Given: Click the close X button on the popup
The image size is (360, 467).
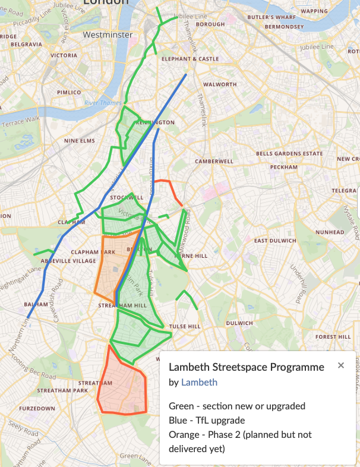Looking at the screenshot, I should [341, 365].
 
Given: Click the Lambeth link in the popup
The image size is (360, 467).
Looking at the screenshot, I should [199, 383].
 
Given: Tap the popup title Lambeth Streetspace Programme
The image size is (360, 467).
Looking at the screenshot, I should [247, 367].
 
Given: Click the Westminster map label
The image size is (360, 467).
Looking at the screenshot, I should [108, 35].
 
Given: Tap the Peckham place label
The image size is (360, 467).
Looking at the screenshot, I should [283, 167].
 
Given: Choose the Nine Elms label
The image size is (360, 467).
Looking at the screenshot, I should [80, 141].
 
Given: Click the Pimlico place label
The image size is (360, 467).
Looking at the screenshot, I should [69, 93].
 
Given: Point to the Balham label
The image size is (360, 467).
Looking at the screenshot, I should [36, 304].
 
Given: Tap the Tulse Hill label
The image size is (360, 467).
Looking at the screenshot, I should [185, 326].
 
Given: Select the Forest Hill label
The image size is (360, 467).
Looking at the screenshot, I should [333, 336].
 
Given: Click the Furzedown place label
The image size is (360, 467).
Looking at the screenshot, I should [37, 409].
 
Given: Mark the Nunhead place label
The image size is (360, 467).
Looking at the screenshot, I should [330, 232].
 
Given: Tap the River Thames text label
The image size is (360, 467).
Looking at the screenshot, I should [103, 103].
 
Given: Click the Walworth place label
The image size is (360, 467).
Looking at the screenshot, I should [219, 84].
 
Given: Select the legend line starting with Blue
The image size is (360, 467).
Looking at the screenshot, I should [198, 421].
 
